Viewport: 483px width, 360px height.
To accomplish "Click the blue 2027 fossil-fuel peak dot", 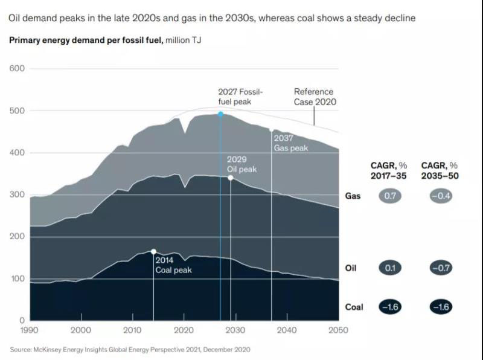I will (220, 114).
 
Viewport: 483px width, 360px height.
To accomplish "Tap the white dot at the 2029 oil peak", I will (231, 178).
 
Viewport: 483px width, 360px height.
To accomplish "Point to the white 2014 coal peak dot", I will (153, 251).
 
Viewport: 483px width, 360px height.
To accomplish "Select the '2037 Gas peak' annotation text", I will (290, 143).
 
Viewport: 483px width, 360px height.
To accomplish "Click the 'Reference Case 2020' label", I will (315, 97).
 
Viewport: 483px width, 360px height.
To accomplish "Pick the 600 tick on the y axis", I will (18, 68).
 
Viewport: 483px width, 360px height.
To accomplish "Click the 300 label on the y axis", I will (18, 194).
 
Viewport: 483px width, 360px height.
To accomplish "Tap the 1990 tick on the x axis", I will (30, 330).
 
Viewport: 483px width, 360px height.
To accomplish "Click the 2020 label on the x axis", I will (184, 330).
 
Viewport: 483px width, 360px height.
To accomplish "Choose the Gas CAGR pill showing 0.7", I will (390, 196).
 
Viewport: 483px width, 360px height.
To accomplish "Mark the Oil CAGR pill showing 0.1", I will (390, 268).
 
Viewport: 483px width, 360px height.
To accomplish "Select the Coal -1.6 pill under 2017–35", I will (390, 306).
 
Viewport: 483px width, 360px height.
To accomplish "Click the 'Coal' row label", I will (354, 307).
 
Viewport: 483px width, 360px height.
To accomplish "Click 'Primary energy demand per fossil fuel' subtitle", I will (86, 40).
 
